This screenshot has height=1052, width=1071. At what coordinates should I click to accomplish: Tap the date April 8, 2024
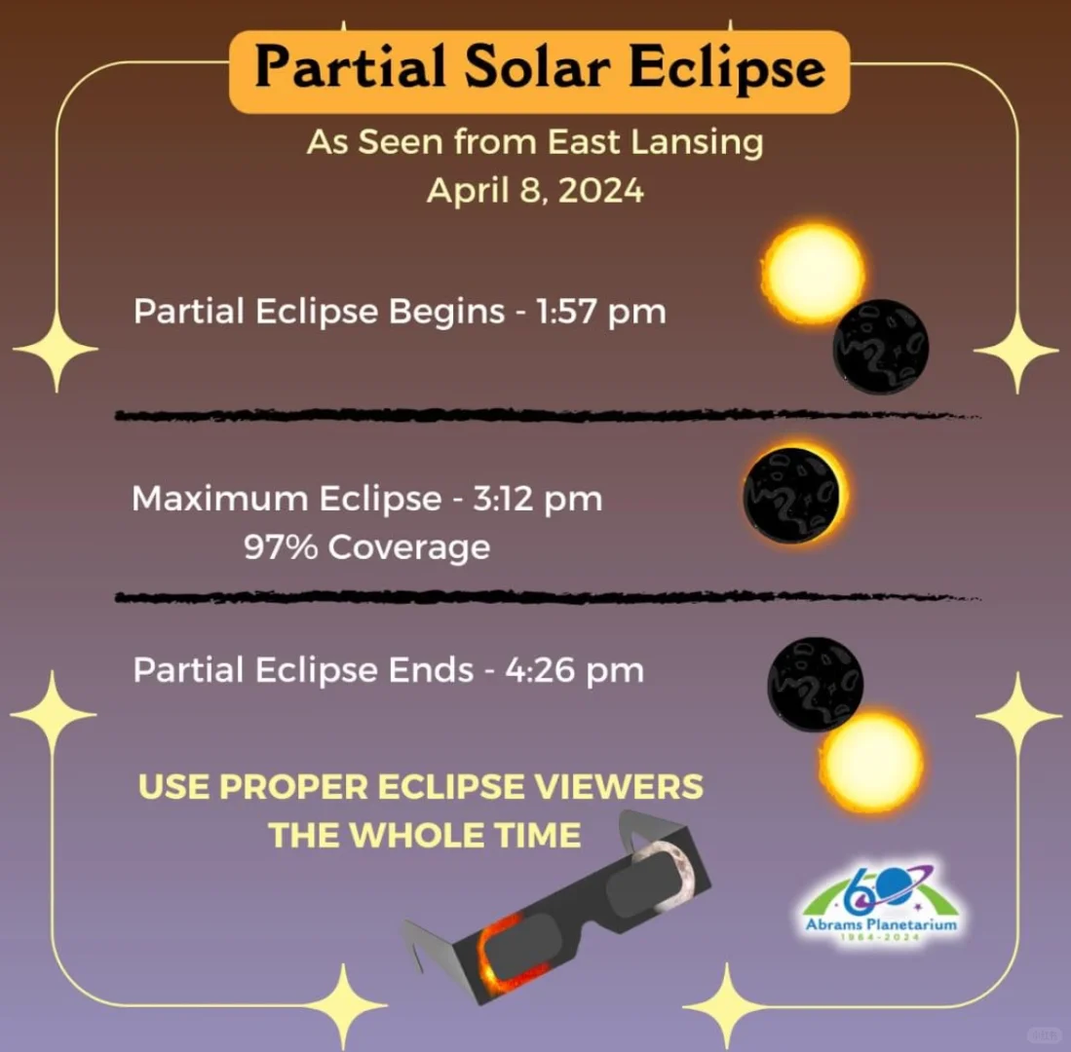pyautogui.click(x=535, y=189)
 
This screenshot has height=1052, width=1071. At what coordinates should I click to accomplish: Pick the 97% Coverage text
pyautogui.click(x=366, y=547)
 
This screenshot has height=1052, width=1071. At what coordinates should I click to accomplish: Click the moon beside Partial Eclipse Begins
pyautogui.click(x=881, y=347)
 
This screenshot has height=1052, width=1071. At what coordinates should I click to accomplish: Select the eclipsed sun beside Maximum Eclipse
pyautogui.click(x=793, y=495)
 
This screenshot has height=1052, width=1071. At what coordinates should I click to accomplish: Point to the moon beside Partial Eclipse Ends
pyautogui.click(x=815, y=681)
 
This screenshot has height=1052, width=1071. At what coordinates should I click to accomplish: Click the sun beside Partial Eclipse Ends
pyautogui.click(x=871, y=762)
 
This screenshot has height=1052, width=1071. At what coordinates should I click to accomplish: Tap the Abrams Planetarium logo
pyautogui.click(x=880, y=900)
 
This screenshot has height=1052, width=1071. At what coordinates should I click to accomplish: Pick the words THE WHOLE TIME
pyautogui.click(x=425, y=835)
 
